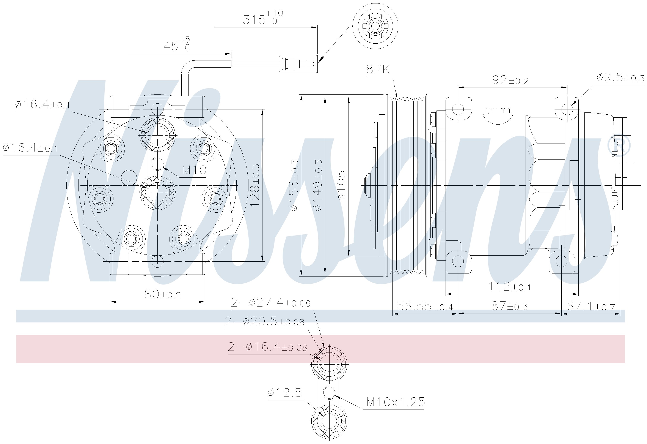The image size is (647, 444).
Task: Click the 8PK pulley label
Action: (378, 69)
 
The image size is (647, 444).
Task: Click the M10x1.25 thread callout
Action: (396, 402)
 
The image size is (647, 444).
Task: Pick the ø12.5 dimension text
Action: (284, 393)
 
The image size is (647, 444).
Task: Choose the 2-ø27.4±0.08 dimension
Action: (270, 302)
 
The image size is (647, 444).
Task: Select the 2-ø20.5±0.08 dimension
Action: (264, 322)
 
